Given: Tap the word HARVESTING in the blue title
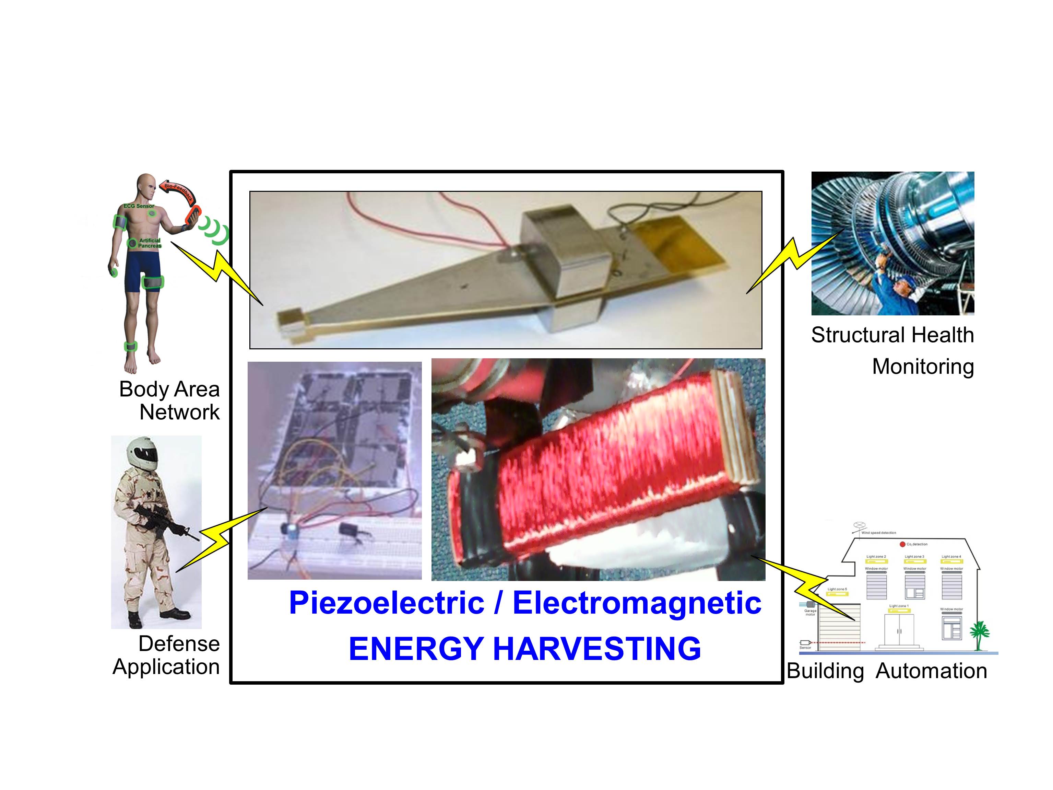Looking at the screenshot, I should [596, 649].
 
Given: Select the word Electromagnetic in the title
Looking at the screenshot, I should [637, 603].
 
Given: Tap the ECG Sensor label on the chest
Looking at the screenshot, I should [139, 206].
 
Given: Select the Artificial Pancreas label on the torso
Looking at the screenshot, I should [150, 243].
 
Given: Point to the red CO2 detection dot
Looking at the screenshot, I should [902, 544].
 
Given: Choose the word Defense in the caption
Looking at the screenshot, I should [179, 644].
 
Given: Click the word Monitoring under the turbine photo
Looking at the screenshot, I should [923, 367].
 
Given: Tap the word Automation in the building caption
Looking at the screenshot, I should [931, 671].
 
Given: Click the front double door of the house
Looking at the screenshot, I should [899, 629].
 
